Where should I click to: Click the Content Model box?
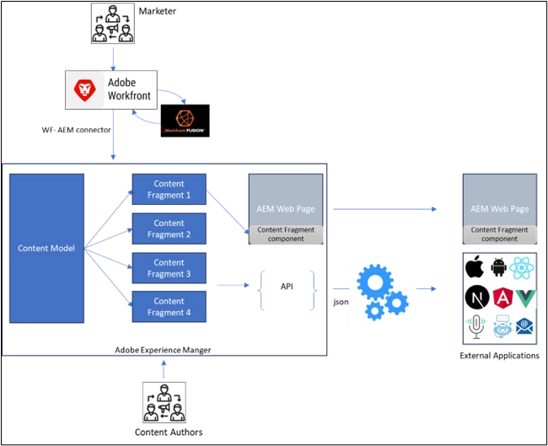point(46,248)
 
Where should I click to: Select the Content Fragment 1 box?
point(169,189)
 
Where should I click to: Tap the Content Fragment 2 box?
point(169,228)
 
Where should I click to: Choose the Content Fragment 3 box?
point(169,267)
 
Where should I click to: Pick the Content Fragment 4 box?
point(169,307)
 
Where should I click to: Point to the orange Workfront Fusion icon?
point(185,118)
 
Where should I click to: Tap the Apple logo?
point(477,268)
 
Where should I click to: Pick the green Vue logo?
point(525,298)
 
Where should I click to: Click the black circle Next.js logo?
point(477,298)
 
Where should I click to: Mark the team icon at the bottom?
point(164,401)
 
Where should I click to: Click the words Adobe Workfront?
point(128,89)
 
